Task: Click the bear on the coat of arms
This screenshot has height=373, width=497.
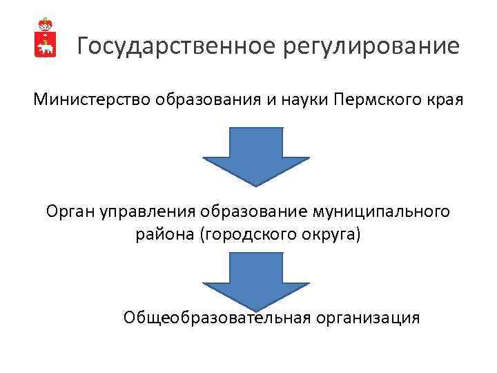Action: point(46,48)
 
